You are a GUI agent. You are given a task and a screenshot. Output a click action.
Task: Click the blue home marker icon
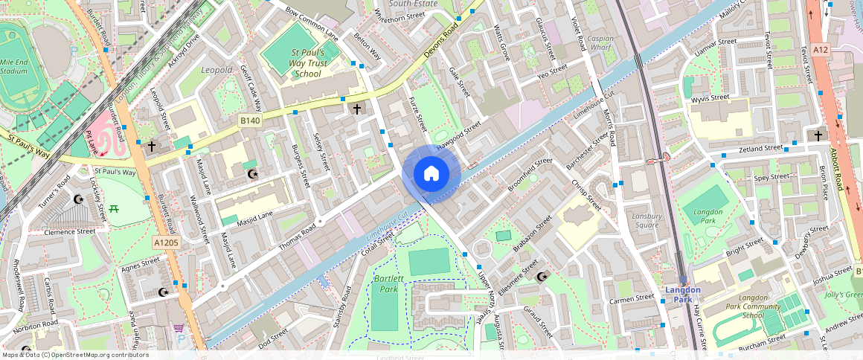pyautogui.click(x=431, y=174)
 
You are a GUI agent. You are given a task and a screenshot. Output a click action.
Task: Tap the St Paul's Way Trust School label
pyautogui.click(x=307, y=63)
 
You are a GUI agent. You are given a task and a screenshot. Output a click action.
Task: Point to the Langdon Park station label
pyautogui.click(x=682, y=295)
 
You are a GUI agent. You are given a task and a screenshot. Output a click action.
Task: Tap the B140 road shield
pyautogui.click(x=249, y=120)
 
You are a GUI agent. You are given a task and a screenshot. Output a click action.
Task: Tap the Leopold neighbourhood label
pyautogui.click(x=216, y=70)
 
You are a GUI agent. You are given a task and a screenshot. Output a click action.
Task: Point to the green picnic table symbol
pyautogui.click(x=115, y=210)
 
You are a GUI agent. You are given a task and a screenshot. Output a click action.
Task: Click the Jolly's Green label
pyautogui.click(x=844, y=295)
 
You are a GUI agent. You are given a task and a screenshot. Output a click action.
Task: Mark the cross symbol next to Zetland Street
pyautogui.click(x=818, y=135)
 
